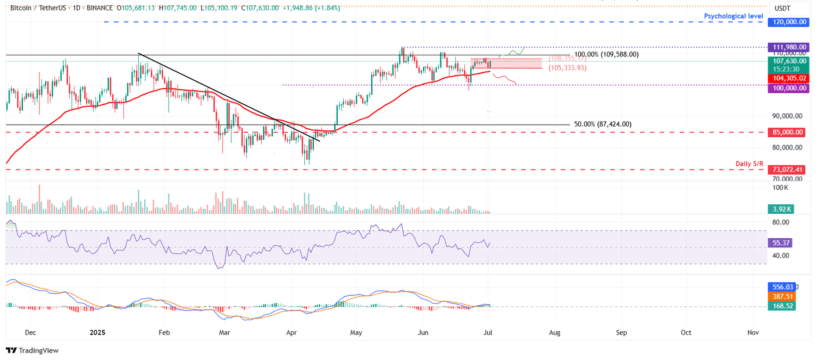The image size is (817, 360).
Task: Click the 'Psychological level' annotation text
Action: tap(733, 16)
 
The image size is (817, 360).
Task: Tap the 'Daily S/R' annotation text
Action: tap(749, 164)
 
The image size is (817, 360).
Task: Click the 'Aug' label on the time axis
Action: tap(555, 332)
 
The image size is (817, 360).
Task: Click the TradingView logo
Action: tap(32, 350)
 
